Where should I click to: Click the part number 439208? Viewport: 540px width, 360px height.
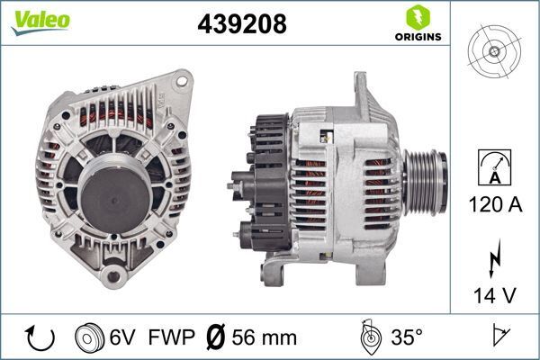tap(241, 24)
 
